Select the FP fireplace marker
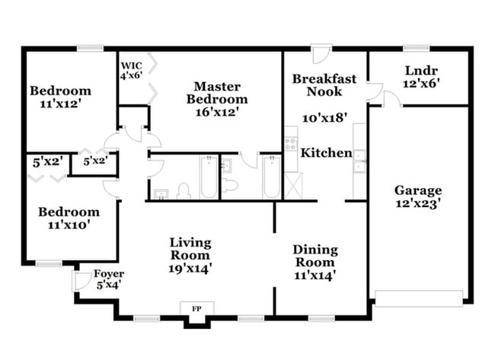tap(196, 309)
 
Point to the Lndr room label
tap(420, 71)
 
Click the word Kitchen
tap(326, 153)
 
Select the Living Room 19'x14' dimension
tap(190, 268)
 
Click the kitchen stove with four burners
tap(289, 145)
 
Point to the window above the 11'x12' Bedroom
tap(90, 49)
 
